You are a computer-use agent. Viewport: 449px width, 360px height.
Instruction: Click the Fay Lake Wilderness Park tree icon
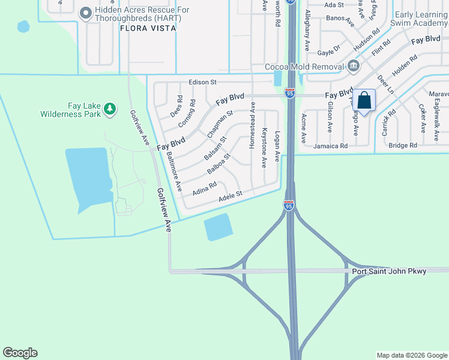[109, 108]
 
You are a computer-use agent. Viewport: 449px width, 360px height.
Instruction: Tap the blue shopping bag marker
[364, 100]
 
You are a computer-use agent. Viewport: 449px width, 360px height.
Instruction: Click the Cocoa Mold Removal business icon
[353, 65]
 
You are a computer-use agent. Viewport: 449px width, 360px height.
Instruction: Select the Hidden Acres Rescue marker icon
[85, 12]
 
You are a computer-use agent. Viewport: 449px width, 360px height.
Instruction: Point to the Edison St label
[202, 82]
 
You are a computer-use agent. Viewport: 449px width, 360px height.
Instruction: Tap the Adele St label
[230, 195]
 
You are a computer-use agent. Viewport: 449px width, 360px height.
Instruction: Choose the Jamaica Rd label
[331, 146]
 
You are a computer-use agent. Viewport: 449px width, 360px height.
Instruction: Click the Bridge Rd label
[403, 146]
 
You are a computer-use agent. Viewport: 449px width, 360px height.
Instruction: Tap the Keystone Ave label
[264, 147]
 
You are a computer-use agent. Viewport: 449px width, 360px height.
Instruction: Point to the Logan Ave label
[277, 146]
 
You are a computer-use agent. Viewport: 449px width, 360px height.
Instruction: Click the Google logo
[20, 353]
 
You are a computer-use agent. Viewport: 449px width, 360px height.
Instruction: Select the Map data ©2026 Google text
[412, 355]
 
